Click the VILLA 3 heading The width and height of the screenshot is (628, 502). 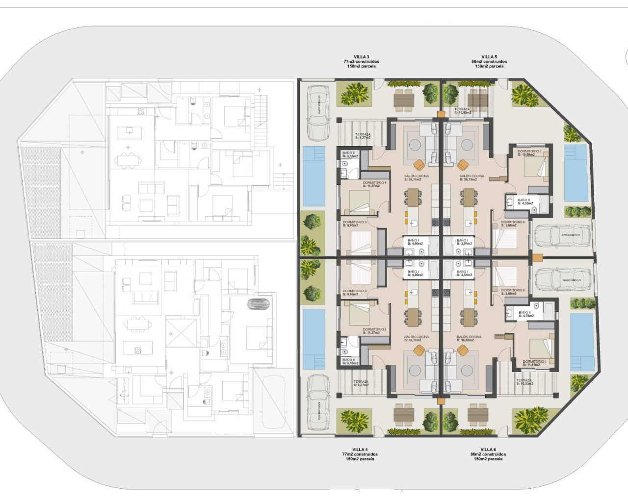[x=361, y=57]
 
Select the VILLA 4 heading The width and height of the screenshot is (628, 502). [x=360, y=449]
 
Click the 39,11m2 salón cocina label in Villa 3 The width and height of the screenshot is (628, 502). [x=416, y=177]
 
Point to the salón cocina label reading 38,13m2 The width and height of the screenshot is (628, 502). [x=471, y=177]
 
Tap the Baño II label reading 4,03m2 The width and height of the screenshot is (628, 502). [x=524, y=201]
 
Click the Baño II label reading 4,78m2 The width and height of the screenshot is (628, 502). [x=525, y=314]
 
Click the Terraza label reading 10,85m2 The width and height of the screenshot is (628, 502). [x=462, y=111]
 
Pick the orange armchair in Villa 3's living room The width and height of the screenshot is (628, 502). [x=419, y=164]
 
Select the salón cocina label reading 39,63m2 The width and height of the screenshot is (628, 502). [x=469, y=338]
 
